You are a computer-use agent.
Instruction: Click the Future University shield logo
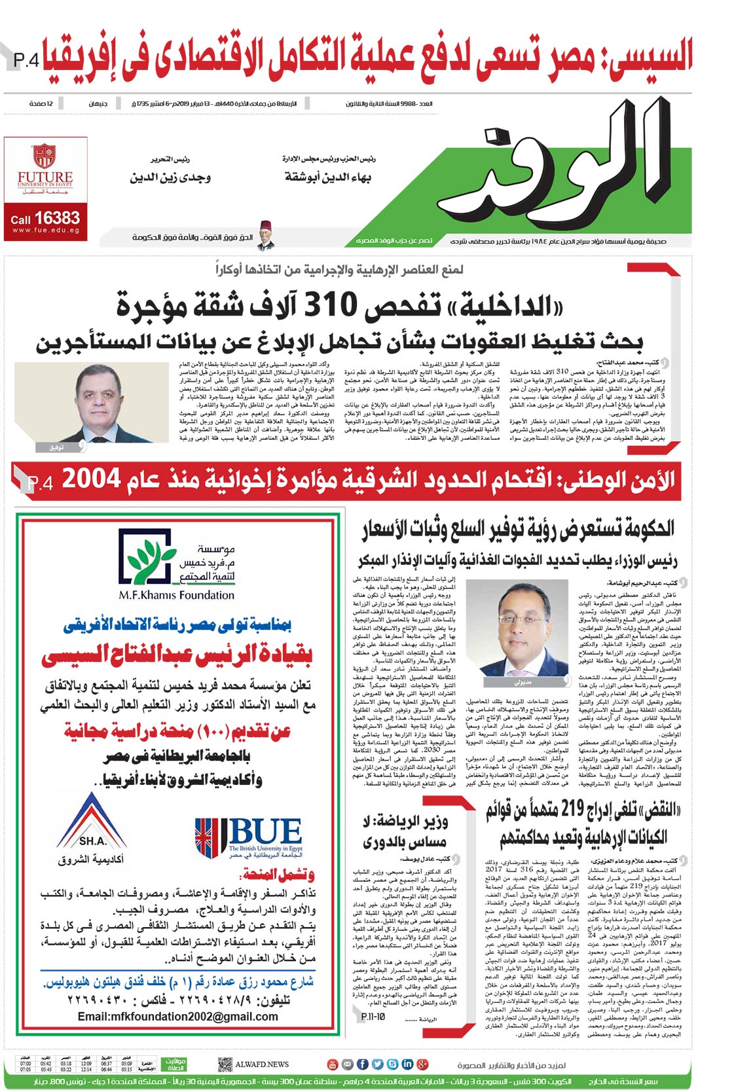pyautogui.click(x=45, y=156)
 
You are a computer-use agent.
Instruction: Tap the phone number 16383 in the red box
pyautogui.click(x=57, y=218)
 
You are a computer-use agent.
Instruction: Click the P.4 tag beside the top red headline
pyautogui.click(x=26, y=61)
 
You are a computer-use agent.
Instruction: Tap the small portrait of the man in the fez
pyautogui.click(x=265, y=235)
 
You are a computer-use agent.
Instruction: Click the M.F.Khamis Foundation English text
pyautogui.click(x=176, y=595)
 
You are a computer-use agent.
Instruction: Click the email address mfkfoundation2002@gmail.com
pyautogui.click(x=177, y=1016)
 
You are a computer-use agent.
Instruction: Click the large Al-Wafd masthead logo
pyautogui.click(x=570, y=169)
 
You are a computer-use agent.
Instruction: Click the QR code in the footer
pyautogui.click(x=225, y=1064)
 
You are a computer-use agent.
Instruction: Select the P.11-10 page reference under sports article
pyautogui.click(x=373, y=1016)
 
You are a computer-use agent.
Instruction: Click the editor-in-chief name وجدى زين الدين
pyautogui.click(x=170, y=177)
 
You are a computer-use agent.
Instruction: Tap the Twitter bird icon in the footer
pyautogui.click(x=376, y=1064)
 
